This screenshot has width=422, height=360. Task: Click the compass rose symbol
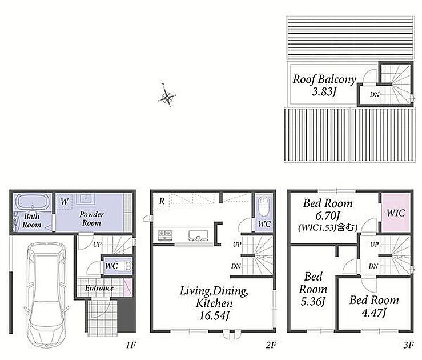click(167, 96)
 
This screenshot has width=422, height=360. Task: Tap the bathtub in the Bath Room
click(33, 202)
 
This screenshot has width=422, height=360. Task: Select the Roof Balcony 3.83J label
click(324, 85)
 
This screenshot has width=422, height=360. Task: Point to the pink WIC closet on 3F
click(396, 213)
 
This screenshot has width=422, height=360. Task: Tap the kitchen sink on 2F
click(199, 235)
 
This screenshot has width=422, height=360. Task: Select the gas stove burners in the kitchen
click(164, 235)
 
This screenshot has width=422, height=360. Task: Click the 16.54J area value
click(214, 315)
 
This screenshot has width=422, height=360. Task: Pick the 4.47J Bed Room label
click(374, 306)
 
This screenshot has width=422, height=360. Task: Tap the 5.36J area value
click(313, 301)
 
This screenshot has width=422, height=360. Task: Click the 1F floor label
click(131, 345)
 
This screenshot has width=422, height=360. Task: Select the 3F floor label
click(408, 345)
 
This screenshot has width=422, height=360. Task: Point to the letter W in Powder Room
click(65, 201)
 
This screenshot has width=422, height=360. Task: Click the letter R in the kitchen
click(162, 201)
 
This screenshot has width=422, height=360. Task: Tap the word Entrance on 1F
click(99, 288)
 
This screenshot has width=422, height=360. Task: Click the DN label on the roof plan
click(375, 94)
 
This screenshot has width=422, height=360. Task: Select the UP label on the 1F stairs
click(97, 245)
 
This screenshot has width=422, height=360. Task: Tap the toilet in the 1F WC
click(128, 266)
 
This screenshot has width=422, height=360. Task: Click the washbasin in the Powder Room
click(86, 199)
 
